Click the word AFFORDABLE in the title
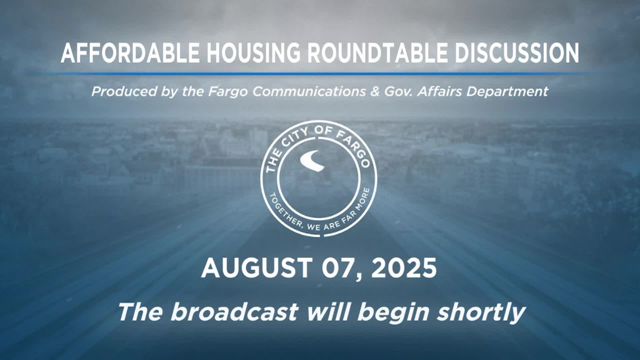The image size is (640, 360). (x=130, y=53)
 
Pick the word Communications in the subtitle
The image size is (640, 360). (x=309, y=91)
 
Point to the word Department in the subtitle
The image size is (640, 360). (x=507, y=91)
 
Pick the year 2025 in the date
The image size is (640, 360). (x=404, y=268)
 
